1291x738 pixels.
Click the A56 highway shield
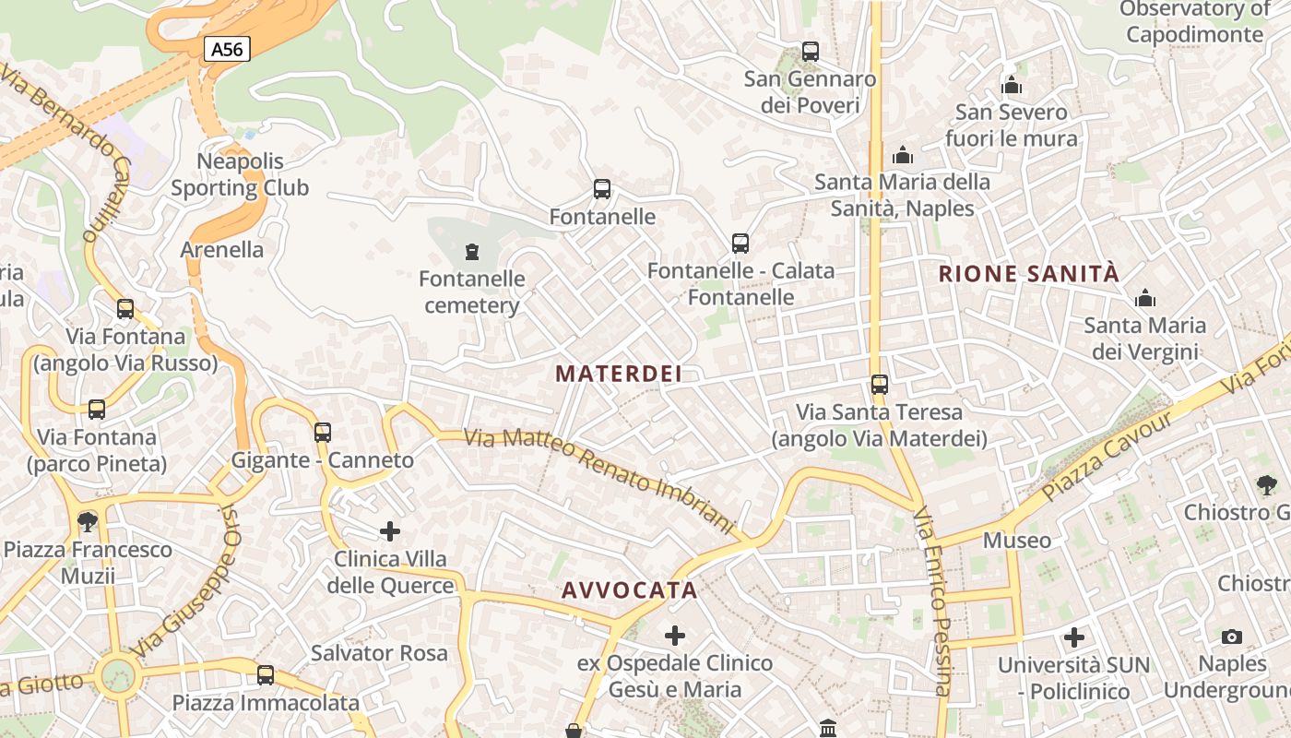coord(227,49)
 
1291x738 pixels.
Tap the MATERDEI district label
coord(619,374)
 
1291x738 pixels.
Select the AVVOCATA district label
coord(629,590)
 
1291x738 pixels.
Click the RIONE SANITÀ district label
coord(1028,274)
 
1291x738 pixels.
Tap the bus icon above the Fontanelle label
coord(602,189)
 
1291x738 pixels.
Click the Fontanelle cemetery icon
coord(472,251)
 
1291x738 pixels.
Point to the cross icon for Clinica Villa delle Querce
coord(390,531)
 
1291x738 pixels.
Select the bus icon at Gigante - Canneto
coord(323,432)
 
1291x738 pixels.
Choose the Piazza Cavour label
coord(1106,457)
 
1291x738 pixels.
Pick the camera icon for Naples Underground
coord(1231,637)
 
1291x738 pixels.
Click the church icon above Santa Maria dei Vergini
coord(1145,298)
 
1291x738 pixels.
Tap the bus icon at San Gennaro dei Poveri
coord(811,52)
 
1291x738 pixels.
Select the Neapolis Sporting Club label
coord(240,174)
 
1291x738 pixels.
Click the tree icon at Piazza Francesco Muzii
coord(88,522)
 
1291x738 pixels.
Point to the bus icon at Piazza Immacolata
coord(266,675)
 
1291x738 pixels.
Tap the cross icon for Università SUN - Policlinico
coord(1073,637)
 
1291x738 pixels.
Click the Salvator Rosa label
coord(379,653)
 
